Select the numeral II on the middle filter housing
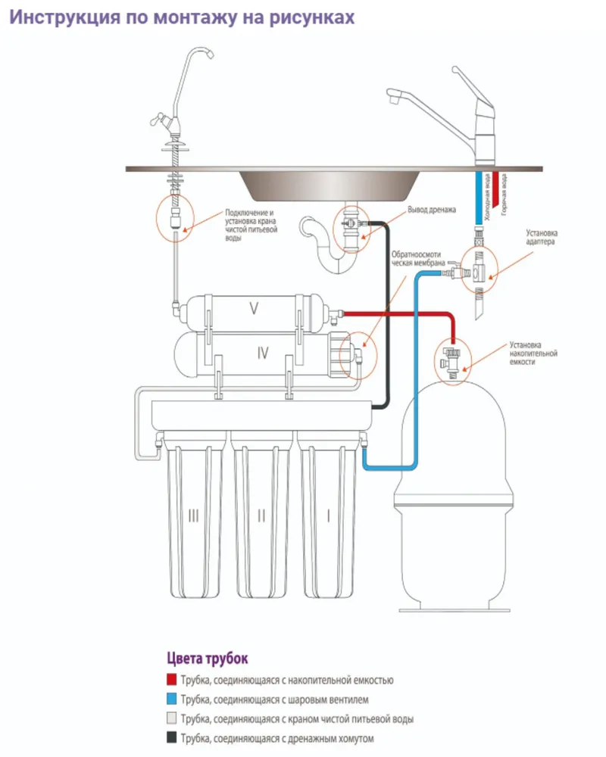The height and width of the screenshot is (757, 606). (261, 516)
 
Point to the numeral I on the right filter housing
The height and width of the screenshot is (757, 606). (328, 516)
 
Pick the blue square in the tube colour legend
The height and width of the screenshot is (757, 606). (171, 699)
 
